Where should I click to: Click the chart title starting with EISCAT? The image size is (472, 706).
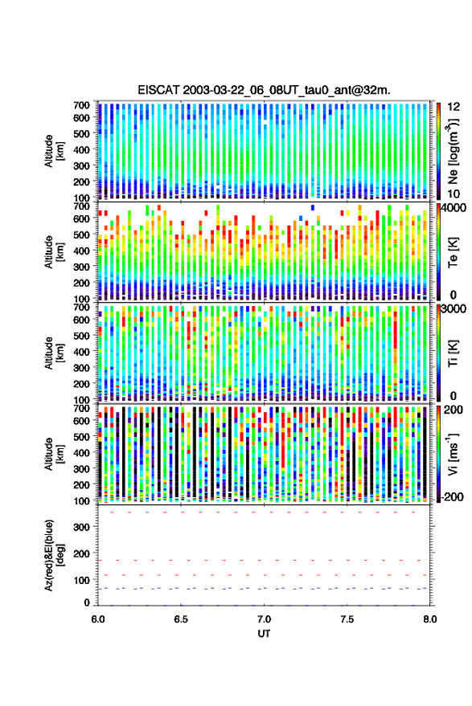click(264, 90)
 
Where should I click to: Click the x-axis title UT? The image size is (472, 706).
click(264, 634)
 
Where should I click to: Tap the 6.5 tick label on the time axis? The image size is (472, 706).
click(181, 619)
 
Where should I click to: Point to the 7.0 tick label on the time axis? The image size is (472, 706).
click(264, 619)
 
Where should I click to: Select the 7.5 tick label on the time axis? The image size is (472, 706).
click(347, 619)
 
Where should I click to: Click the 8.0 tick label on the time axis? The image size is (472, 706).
click(429, 619)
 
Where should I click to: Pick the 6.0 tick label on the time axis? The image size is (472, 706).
click(98, 619)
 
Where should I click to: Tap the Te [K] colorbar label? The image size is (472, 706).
click(453, 252)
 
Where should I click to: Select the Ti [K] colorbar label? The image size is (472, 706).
click(453, 353)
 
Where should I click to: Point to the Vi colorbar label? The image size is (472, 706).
click(453, 454)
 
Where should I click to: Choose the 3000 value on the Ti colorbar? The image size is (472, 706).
click(454, 309)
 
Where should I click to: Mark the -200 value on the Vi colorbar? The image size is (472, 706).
click(452, 497)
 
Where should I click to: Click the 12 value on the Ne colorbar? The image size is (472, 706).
click(454, 107)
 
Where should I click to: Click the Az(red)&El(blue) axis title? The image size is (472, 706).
click(55, 555)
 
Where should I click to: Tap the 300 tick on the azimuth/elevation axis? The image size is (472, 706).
click(81, 527)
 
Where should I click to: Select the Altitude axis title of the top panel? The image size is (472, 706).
click(55, 151)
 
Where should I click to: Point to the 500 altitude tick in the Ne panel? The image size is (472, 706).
click(81, 133)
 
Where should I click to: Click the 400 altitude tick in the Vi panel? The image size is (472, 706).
click(81, 452)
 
